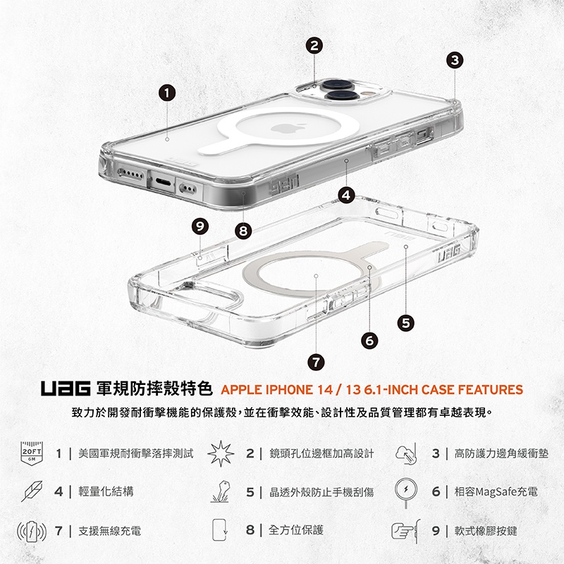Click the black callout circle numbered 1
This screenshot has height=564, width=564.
pos(167,93)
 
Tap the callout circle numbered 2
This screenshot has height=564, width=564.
pos(314,45)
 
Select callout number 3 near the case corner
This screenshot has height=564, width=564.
pos(455,60)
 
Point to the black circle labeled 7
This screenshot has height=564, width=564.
pos(316,362)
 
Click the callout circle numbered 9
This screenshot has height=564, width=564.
pos(200,226)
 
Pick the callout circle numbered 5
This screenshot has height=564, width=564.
pos(406,323)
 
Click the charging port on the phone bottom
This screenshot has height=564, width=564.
pos(162,182)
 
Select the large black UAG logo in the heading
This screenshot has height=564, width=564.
pos(65,389)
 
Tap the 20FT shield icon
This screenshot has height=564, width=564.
pos(32,453)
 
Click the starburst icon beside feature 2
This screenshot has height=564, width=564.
pos(221,453)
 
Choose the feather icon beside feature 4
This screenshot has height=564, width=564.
pos(32,491)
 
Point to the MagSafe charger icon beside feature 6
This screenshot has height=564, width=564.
pos(406,491)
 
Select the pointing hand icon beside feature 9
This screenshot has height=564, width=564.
pos(405,531)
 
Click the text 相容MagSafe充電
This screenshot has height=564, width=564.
pos(496,491)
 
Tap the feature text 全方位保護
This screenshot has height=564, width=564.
pos(296,530)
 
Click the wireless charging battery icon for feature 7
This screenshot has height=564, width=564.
pos(32,532)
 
